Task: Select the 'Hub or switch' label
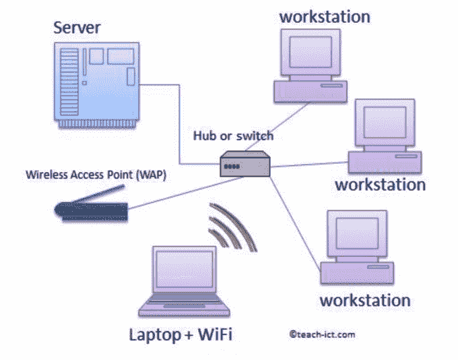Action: click(233, 136)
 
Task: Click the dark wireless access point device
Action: click(90, 212)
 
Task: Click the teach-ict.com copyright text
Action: click(322, 333)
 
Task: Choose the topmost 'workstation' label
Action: click(325, 16)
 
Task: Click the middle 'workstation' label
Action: click(380, 183)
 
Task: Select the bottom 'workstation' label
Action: click(364, 299)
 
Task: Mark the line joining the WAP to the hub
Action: click(168, 190)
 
